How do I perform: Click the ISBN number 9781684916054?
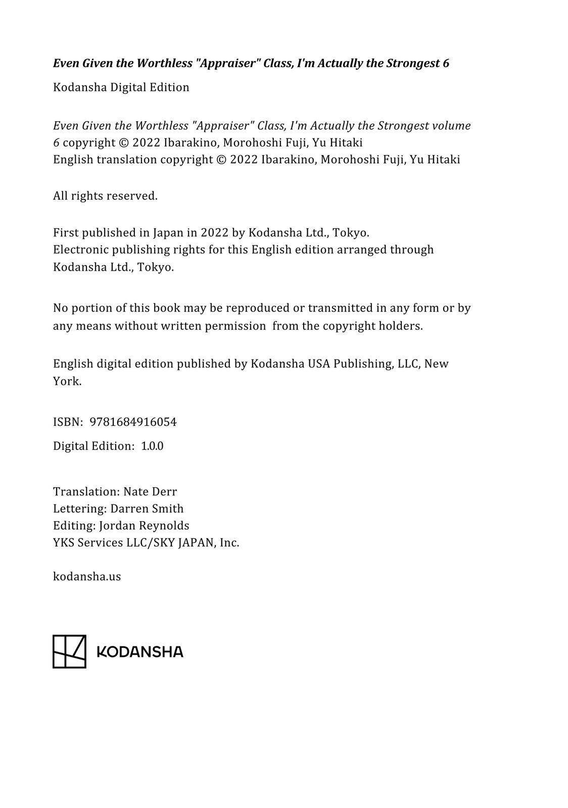tap(133, 422)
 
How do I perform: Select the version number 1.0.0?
tap(152, 446)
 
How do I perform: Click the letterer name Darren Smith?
tap(147, 509)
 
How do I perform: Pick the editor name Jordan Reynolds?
tap(144, 526)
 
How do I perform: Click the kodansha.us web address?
tap(87, 577)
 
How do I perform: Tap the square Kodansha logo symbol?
tap(69, 651)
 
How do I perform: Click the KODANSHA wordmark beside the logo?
tap(139, 652)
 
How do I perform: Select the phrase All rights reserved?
tap(105, 196)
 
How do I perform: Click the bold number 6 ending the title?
tap(446, 64)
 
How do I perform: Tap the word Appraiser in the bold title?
tap(223, 64)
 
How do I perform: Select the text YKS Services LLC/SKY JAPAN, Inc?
tap(146, 543)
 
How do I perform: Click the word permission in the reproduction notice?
tap(235, 326)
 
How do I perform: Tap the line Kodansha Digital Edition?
tap(121, 87)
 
